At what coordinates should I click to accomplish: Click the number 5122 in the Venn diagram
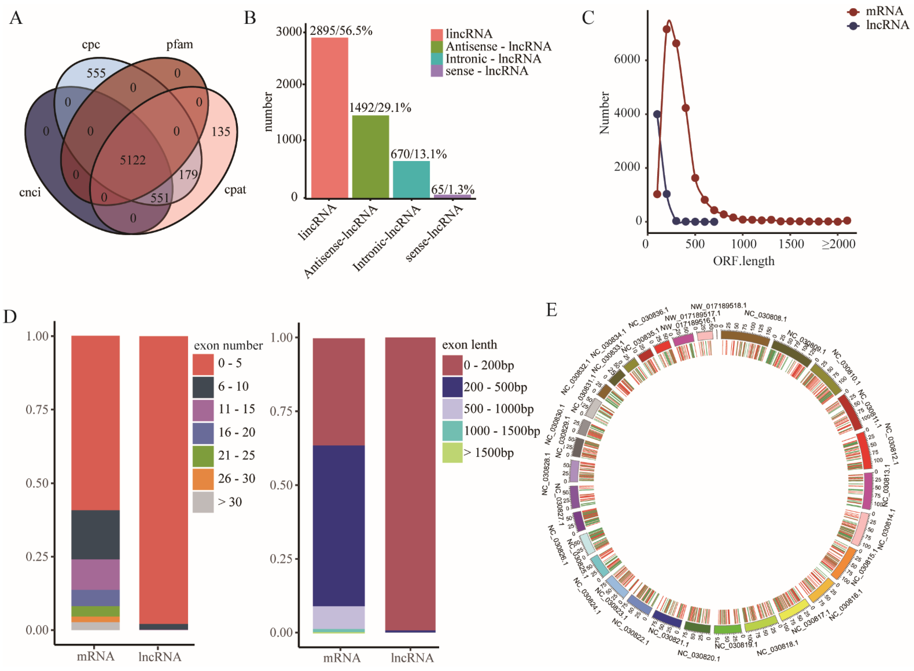133,160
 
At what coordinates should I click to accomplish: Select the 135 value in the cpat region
221,132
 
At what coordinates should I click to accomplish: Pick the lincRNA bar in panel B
329,118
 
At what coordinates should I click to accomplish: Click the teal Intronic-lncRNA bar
411,179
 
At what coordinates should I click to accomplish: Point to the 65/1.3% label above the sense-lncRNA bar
453,189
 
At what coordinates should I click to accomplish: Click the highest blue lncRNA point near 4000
657,114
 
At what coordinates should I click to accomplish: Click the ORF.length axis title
743,261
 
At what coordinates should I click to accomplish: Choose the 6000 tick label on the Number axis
627,59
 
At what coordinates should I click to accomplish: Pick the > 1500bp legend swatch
452,453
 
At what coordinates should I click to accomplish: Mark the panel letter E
551,310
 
